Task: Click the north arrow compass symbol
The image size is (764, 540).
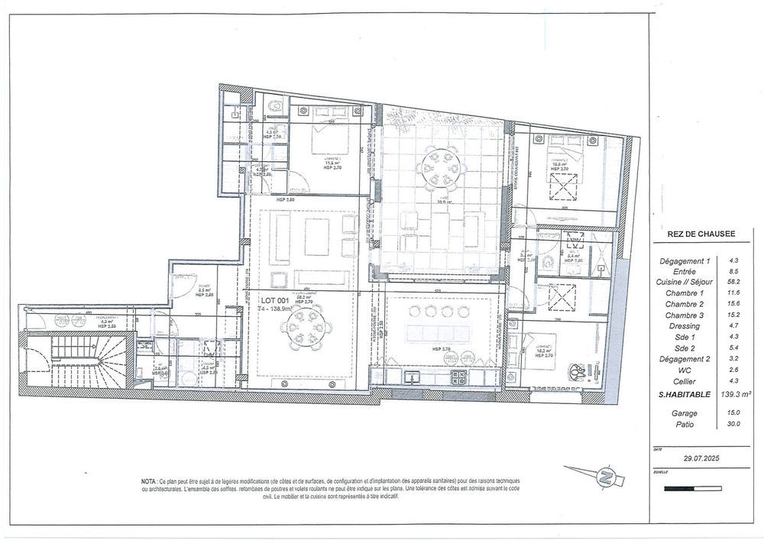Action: [x=608, y=477]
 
